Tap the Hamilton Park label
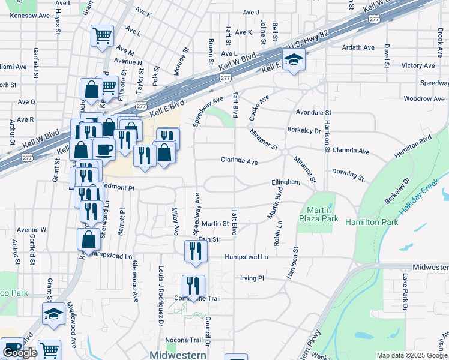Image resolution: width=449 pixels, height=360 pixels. coord(372,222)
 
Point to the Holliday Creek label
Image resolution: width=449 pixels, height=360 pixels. coord(421,202)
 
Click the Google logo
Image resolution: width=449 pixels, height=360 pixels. coord(20,353)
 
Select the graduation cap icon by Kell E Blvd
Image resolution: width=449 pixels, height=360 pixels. coord(294,61)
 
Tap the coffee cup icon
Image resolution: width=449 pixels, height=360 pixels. coord(104,149)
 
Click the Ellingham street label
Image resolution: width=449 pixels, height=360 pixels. coord(285,182)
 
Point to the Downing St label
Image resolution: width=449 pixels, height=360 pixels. coord(348,174)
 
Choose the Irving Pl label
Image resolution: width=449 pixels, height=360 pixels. coord(252,278)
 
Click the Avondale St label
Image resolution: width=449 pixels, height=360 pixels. coord(313,112)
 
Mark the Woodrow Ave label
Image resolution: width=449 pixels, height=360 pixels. coord(424,98)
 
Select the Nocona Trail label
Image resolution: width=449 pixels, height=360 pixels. coord(178,340)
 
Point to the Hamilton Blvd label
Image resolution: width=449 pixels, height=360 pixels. coord(413,148)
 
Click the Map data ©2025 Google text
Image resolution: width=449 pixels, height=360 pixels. coord(411,355)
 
